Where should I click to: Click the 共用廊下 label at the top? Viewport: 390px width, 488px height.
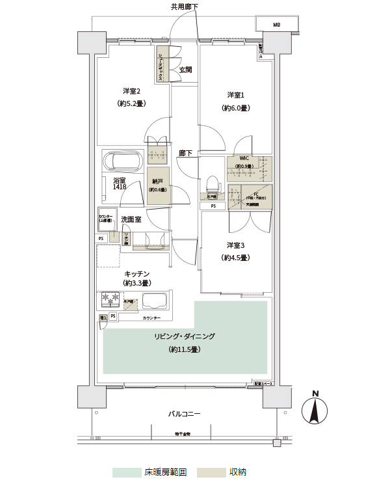click(x=185, y=7)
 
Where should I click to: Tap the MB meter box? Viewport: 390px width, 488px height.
click(x=276, y=25)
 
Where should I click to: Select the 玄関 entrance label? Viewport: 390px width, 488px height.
click(x=185, y=70)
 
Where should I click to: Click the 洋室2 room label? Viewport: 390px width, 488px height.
click(x=131, y=91)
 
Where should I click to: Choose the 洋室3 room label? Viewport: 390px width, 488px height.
click(x=235, y=245)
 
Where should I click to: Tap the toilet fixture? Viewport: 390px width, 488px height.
click(x=212, y=183)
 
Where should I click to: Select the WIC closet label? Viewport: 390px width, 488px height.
click(x=244, y=158)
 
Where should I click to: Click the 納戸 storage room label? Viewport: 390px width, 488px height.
click(x=157, y=182)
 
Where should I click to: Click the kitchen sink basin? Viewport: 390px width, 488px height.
click(x=155, y=301)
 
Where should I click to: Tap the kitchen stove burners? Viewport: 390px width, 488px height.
click(x=109, y=299)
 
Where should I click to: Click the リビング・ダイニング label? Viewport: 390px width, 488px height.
click(x=185, y=336)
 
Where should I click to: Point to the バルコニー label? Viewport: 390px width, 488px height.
click(x=184, y=414)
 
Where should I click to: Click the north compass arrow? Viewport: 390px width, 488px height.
click(x=315, y=411)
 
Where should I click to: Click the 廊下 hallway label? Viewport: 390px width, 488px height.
click(x=186, y=154)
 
